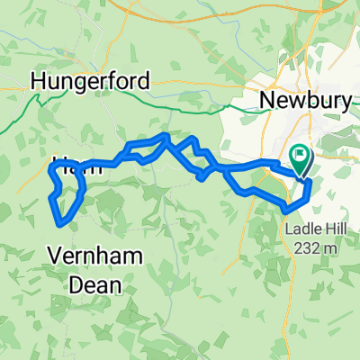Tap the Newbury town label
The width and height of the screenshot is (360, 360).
304,100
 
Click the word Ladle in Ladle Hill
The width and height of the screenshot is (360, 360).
301,228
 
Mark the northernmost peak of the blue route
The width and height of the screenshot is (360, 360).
165,135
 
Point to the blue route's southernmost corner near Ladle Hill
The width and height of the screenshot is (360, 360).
288,210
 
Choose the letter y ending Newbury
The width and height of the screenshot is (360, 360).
343,102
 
